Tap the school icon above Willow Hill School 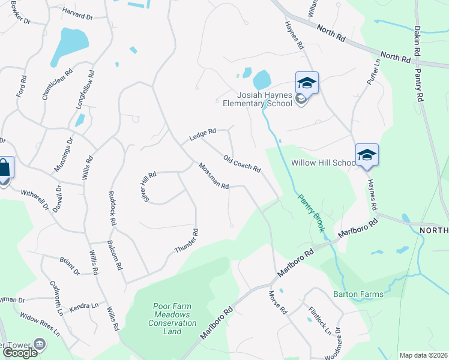367,155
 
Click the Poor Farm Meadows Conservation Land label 172,315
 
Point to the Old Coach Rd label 241,164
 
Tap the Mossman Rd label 214,177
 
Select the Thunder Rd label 186,241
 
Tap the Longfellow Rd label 85,89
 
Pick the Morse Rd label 278,304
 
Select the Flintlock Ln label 319,320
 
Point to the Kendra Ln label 83,306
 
